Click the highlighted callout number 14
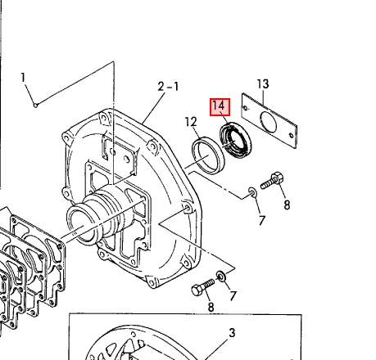coord(220,107)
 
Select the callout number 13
coord(263,84)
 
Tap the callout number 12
coord(191,122)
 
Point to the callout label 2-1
coord(168,87)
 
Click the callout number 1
coord(23,78)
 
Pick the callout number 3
coord(232,333)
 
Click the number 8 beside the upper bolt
coord(287,205)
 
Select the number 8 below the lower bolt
coord(211,307)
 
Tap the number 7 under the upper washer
coord(262,220)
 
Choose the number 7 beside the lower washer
coord(233,296)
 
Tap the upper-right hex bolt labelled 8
coord(272,181)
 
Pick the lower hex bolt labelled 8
coord(203,287)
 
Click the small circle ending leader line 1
coord(35,106)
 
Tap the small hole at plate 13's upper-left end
coord(246,108)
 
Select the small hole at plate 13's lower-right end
coord(292,135)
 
